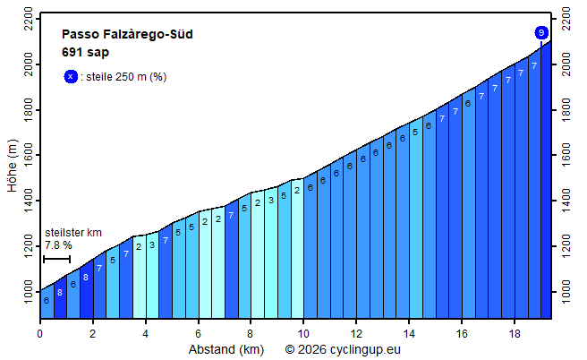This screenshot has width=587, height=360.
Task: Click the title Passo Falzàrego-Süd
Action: [127, 35]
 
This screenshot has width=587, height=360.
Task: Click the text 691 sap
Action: [85, 52]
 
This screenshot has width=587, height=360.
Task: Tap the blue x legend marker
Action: [71, 77]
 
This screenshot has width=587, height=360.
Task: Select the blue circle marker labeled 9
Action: [541, 33]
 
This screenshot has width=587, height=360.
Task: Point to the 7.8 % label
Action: [58, 245]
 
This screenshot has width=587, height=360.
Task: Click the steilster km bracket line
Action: [56, 260]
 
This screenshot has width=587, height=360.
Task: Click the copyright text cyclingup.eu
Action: [344, 349]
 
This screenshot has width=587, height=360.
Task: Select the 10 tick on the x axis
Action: [303, 333]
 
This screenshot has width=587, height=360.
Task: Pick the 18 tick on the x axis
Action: [515, 333]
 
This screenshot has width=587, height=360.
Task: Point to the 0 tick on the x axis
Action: [39, 333]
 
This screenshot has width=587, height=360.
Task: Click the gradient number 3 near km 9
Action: [270, 201]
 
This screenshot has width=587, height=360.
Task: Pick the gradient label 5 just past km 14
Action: [415, 132]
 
